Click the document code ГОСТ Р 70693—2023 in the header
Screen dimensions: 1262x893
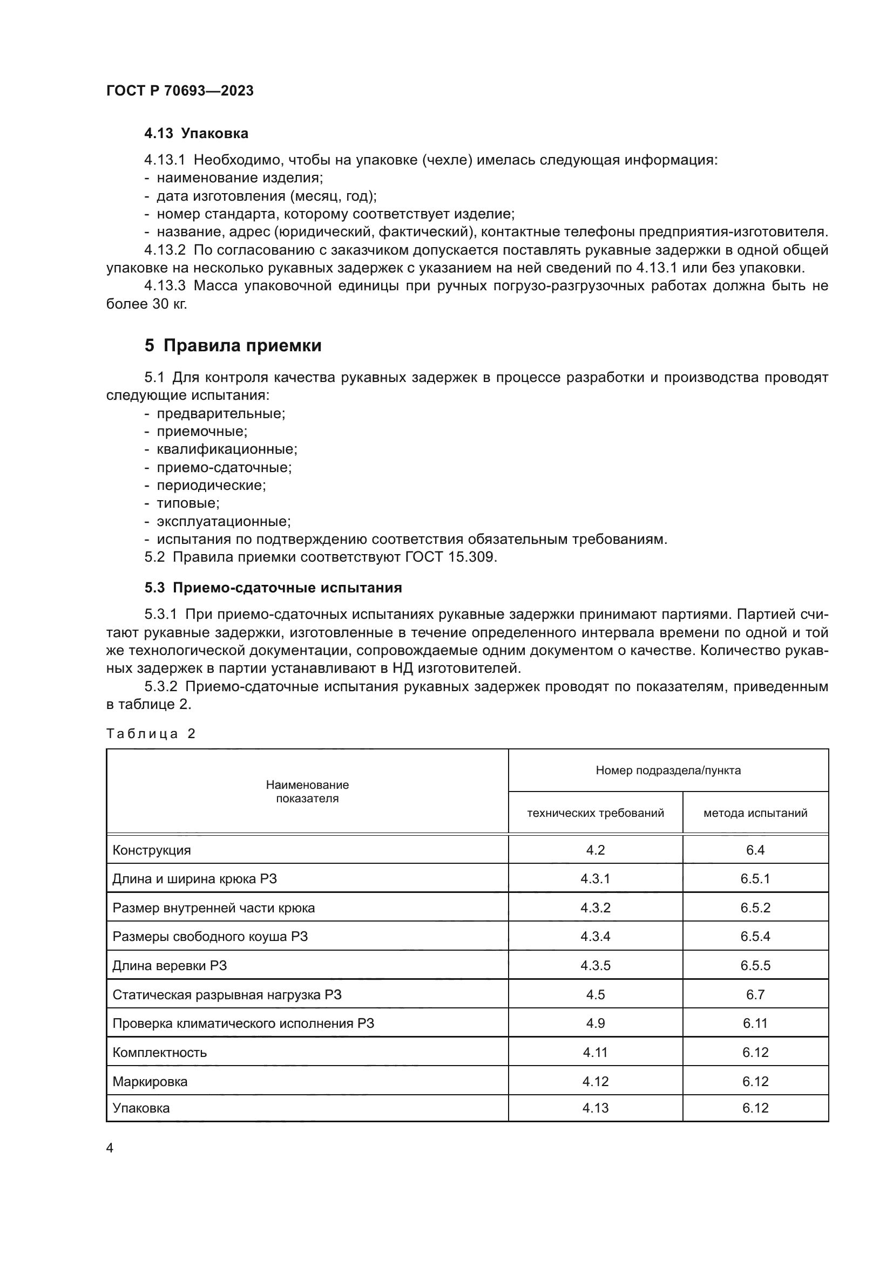[180, 91]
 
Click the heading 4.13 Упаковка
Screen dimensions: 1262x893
[197, 134]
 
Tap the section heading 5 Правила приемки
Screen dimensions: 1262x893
[233, 346]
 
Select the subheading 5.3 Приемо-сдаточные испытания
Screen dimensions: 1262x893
[273, 588]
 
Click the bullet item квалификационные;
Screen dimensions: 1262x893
[227, 449]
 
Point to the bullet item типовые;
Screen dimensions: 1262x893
[188, 503]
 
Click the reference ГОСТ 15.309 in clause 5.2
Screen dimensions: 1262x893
[450, 557]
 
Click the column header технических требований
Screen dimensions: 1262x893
[595, 813]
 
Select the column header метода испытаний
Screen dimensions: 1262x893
[755, 813]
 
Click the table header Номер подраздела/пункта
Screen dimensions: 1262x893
[668, 770]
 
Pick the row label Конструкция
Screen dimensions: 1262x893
[152, 850]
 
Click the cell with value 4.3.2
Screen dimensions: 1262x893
[595, 908]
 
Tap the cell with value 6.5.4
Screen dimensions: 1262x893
[755, 937]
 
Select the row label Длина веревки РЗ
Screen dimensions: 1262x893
[170, 966]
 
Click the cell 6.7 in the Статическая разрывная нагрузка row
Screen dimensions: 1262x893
[755, 995]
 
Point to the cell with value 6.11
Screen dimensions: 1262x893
[755, 1024]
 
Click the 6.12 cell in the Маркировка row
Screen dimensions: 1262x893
[755, 1082]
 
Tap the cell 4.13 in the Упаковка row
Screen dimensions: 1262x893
[595, 1108]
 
